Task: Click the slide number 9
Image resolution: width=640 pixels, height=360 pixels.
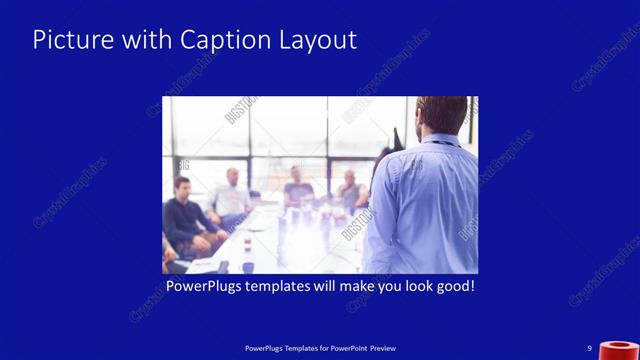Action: point(590,348)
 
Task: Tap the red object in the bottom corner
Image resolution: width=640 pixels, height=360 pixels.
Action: point(620,350)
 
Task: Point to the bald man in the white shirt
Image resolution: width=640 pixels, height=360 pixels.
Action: point(231,196)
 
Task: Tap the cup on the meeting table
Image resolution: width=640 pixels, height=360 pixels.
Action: point(246,244)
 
